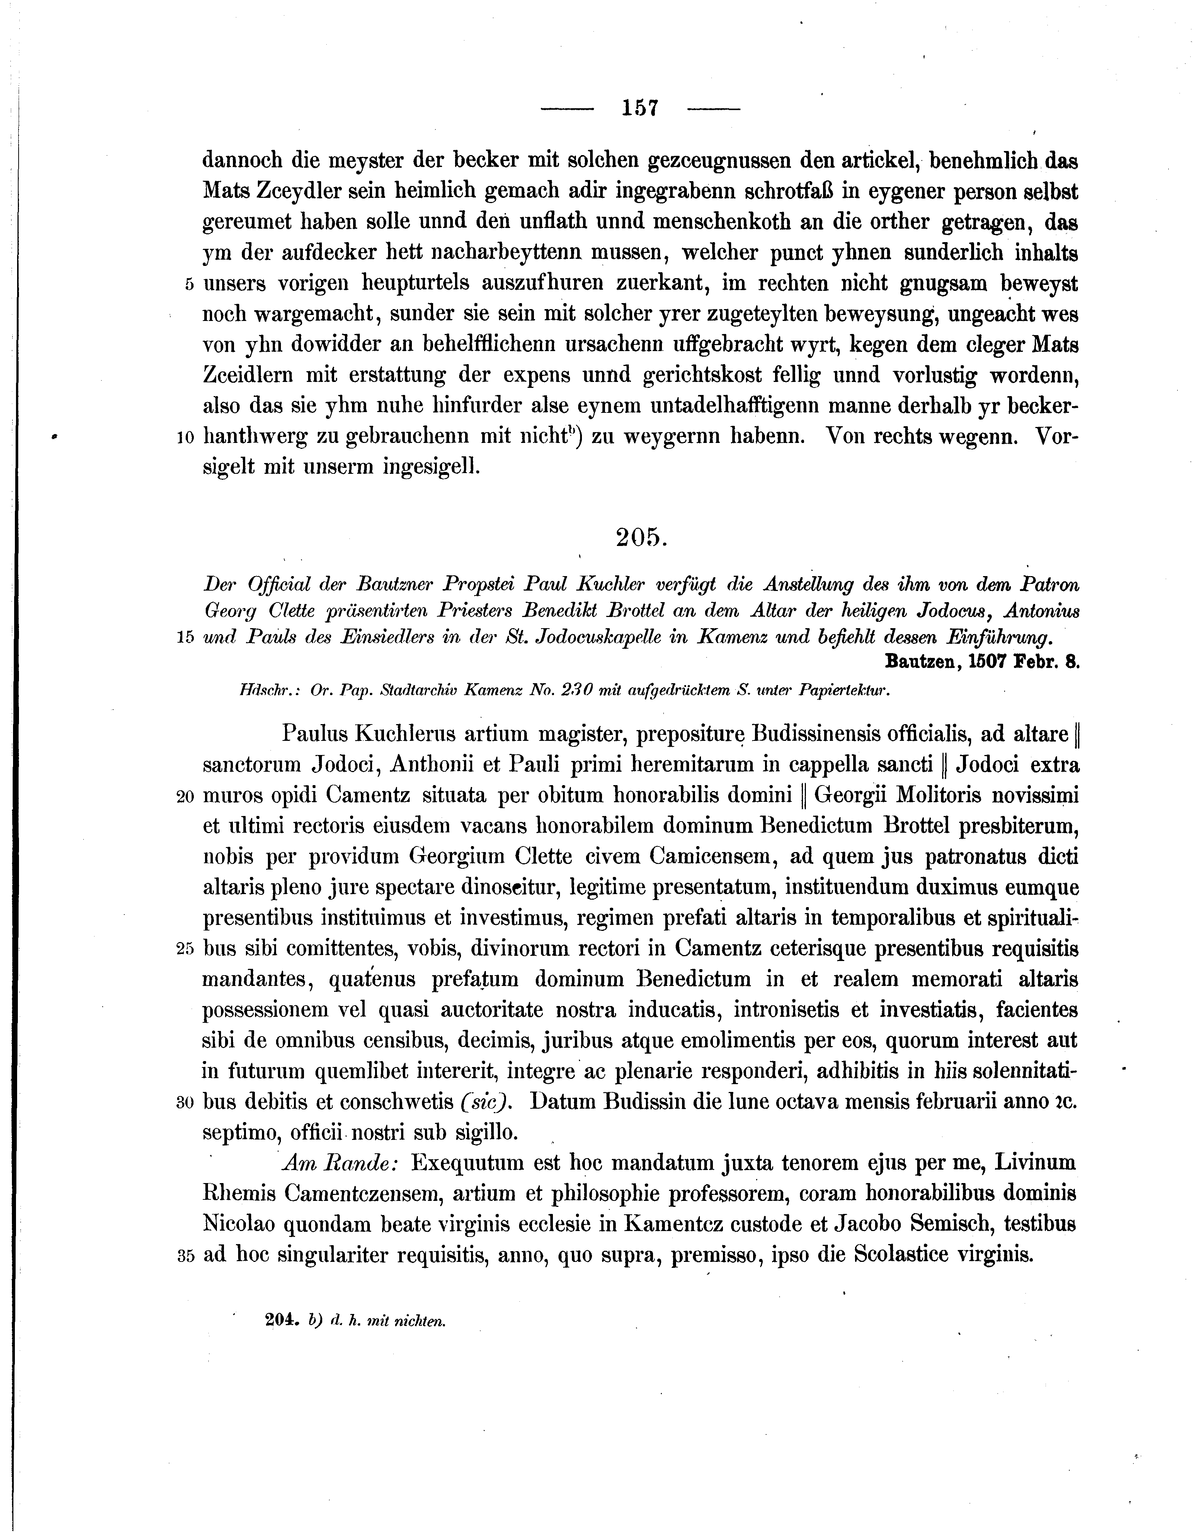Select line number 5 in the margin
click(x=189, y=284)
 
